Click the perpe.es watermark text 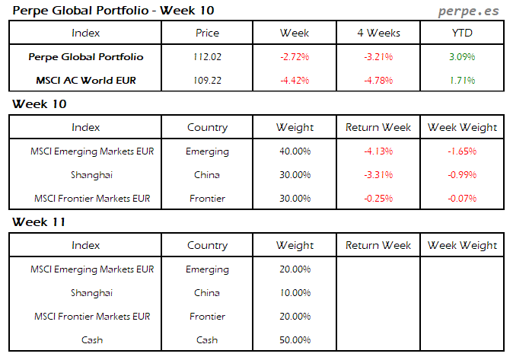pyautogui.click(x=470, y=11)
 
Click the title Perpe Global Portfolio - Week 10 pyautogui.click(x=113, y=11)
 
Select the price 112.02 pyautogui.click(x=207, y=57)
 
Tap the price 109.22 pyautogui.click(x=207, y=80)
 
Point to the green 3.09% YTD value pyautogui.click(x=462, y=57)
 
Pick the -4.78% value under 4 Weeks pyautogui.click(x=378, y=80)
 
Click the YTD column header pyautogui.click(x=462, y=33)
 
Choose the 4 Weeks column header pyautogui.click(x=378, y=33)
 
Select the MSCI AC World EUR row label pyautogui.click(x=85, y=80)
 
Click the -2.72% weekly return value pyautogui.click(x=295, y=57)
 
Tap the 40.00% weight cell pyautogui.click(x=295, y=151)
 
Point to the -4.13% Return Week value pyautogui.click(x=378, y=151)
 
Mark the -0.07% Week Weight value pyautogui.click(x=462, y=199)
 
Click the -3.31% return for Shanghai pyautogui.click(x=378, y=175)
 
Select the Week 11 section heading pyautogui.click(x=39, y=222)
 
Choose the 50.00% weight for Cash pyautogui.click(x=295, y=340)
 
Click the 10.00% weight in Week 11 pyautogui.click(x=295, y=293)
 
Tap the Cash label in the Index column pyautogui.click(x=91, y=340)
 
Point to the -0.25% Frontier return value pyautogui.click(x=378, y=199)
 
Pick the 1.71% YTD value pyautogui.click(x=462, y=80)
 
